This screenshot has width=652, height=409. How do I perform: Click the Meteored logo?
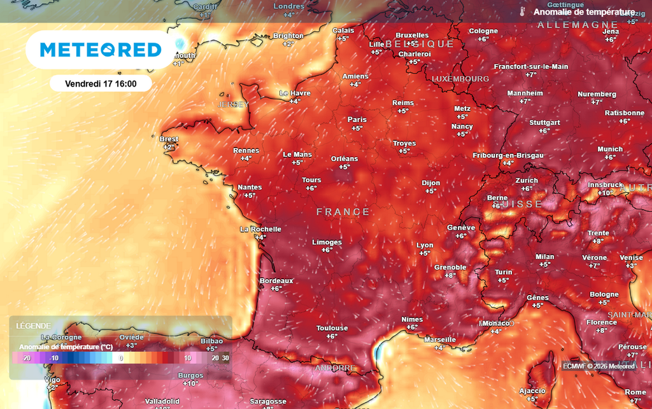point(101,50)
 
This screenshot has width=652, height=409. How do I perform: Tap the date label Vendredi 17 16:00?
point(101,83)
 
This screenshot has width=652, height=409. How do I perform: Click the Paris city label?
point(357,120)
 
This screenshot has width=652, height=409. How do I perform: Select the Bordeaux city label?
point(276,281)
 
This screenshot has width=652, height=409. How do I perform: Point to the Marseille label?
point(440,340)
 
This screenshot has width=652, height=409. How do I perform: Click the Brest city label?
point(169,139)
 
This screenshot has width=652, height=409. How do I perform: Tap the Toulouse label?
point(332,328)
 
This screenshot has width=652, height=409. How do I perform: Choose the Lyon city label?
point(425,245)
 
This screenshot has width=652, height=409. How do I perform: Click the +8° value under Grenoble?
point(450,275)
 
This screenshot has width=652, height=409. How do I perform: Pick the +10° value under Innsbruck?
point(605,193)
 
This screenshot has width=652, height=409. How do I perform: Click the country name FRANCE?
point(343,212)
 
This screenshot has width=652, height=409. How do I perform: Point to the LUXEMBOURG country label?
point(460,78)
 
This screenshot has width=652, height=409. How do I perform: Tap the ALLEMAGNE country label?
point(578,25)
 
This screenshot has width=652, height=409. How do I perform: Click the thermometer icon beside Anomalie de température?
point(521,11)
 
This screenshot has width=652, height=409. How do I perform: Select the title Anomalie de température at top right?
point(583,12)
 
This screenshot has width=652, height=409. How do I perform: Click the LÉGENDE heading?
point(34,326)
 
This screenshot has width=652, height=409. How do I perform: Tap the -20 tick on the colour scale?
point(27,358)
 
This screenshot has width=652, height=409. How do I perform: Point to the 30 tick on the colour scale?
point(225,358)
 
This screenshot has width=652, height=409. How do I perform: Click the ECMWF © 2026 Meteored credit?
point(599,366)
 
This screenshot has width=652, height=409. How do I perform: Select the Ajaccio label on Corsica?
point(532,391)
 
